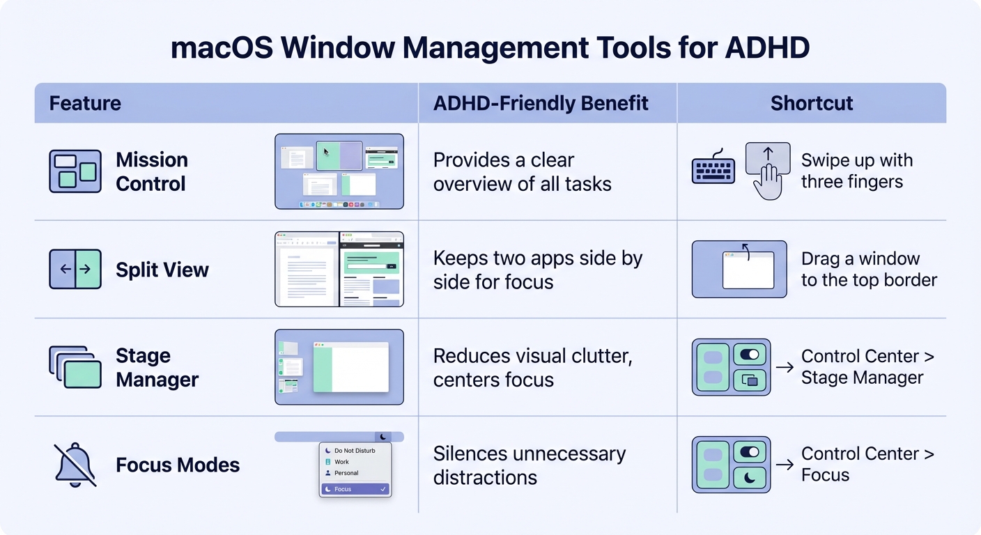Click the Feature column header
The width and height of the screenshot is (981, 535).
pyautogui.click(x=85, y=104)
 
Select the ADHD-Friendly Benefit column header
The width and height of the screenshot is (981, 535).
pyautogui.click(x=541, y=104)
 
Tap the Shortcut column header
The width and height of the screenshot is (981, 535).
pyautogui.click(x=812, y=104)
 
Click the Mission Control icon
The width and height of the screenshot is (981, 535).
pyautogui.click(x=75, y=171)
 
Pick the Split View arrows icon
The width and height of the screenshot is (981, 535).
pyautogui.click(x=75, y=270)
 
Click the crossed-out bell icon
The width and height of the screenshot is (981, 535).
pyautogui.click(x=75, y=465)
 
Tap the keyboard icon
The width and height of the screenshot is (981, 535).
pyautogui.click(x=713, y=171)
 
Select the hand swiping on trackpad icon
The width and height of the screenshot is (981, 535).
pyautogui.click(x=768, y=171)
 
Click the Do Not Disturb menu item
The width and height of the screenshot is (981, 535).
pyautogui.click(x=355, y=451)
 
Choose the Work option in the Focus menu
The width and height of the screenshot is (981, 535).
pyautogui.click(x=341, y=462)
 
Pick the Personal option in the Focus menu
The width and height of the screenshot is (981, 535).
pyautogui.click(x=346, y=473)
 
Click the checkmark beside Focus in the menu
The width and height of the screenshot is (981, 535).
pyautogui.click(x=383, y=490)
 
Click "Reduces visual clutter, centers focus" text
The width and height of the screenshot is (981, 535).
pyautogui.click(x=532, y=368)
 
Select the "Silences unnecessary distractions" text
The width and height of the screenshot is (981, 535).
pyautogui.click(x=529, y=465)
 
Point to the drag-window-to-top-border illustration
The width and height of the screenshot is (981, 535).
pyautogui.click(x=739, y=270)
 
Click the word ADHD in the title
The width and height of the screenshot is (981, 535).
pyautogui.click(x=767, y=49)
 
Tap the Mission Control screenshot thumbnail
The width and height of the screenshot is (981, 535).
pyautogui.click(x=339, y=171)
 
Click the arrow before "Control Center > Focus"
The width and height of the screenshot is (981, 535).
pyautogui.click(x=785, y=465)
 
